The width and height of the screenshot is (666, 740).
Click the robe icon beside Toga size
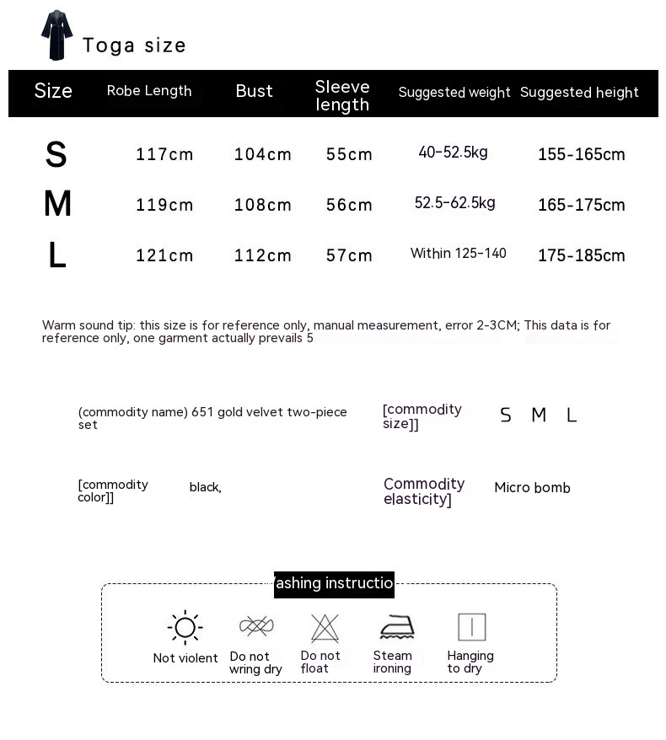[x=57, y=35]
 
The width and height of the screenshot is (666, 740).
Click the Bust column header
[x=254, y=91]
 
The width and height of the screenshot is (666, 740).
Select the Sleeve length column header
[x=342, y=96]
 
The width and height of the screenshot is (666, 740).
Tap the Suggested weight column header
[x=454, y=93]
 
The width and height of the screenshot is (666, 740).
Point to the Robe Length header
[x=149, y=91]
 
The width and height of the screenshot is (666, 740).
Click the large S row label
[x=56, y=155]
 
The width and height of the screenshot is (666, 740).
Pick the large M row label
[x=57, y=205]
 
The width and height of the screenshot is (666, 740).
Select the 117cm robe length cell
[x=164, y=154]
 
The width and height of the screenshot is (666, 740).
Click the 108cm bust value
[x=263, y=205]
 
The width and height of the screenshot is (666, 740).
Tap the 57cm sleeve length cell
[x=349, y=255]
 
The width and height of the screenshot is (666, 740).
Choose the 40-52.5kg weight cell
[x=453, y=153]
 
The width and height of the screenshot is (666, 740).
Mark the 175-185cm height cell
[x=581, y=255]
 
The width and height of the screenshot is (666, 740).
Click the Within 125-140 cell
[x=458, y=254]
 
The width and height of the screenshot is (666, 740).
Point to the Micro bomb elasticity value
[x=532, y=488]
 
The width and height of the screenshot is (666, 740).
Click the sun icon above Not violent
[x=185, y=628]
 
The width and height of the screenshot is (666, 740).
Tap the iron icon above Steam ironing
[x=396, y=628]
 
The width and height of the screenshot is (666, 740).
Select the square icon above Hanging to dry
[x=471, y=627]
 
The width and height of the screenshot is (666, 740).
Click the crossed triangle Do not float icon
[x=325, y=628]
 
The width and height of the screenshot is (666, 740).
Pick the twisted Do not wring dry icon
[x=256, y=626]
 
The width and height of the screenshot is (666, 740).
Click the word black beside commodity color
[x=205, y=487]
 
